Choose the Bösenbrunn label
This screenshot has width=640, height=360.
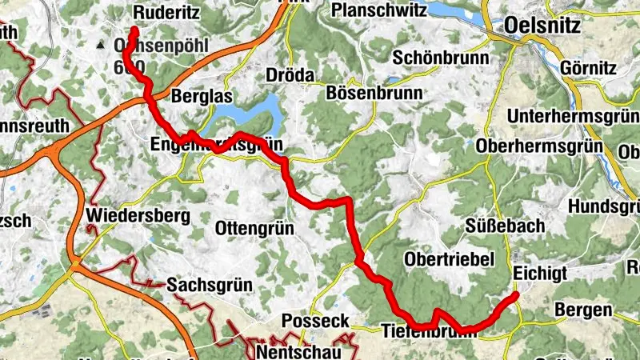coord(374,92)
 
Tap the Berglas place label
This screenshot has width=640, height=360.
coord(202,97)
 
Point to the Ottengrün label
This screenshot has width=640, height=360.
coord(254,229)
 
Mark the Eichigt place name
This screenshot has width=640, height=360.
coord(541,273)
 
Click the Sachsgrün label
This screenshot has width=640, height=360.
coord(210,285)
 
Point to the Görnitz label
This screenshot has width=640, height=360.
coord(590,67)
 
